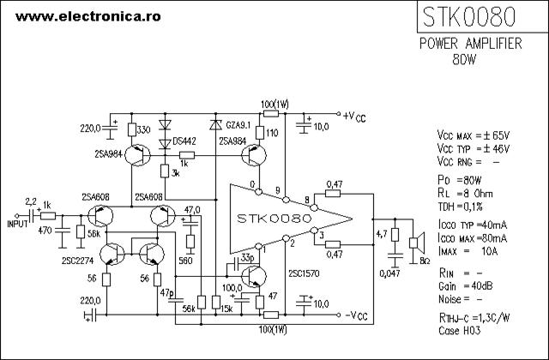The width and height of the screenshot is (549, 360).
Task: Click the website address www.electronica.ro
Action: coord(87,16)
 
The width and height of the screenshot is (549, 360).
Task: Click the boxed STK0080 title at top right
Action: coord(469,17)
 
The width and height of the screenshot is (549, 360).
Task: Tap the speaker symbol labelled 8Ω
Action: coord(417,243)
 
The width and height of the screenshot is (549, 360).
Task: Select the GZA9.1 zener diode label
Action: coord(238,125)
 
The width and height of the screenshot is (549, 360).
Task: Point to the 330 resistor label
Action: coord(143,130)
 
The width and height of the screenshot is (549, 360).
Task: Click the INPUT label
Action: coord(17,224)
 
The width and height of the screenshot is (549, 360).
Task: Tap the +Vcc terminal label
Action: coord(354,117)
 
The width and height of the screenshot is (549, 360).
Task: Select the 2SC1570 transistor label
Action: coord(304,273)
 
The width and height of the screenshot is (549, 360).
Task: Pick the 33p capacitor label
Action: coord(248,258)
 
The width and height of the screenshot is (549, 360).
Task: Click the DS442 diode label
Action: coord(184,141)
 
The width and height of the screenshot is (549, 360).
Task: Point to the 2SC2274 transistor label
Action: coord(78,261)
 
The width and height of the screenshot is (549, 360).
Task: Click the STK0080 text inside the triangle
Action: coord(274,219)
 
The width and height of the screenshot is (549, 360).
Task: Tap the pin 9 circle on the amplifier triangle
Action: coord(286,200)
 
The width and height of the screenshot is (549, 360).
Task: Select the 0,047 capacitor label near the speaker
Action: coord(389,273)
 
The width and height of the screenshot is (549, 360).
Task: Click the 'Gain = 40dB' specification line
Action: coord(465,286)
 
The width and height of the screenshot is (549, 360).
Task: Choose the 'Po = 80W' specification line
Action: coord(460,180)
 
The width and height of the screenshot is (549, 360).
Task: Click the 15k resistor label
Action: coord(226,309)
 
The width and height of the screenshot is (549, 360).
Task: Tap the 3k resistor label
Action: coord(175,173)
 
